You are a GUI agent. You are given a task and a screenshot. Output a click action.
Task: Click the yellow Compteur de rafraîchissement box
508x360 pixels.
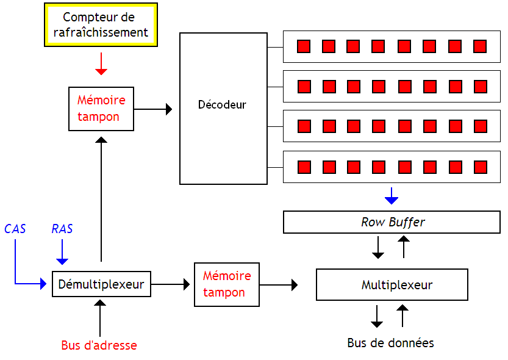(101, 25)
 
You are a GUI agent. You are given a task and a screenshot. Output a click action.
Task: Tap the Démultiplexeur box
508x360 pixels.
(101, 284)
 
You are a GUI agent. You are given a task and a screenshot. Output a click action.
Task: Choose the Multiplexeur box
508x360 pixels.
(392, 285)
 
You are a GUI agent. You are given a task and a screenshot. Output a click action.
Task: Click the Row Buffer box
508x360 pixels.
(392, 222)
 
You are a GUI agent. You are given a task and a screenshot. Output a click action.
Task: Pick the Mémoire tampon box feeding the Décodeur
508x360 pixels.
(101, 109)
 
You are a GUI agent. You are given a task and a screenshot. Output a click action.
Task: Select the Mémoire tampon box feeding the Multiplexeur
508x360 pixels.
(226, 284)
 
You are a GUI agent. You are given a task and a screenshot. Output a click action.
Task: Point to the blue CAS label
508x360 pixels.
(15, 229)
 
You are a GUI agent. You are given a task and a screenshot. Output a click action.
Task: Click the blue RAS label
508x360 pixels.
(62, 229)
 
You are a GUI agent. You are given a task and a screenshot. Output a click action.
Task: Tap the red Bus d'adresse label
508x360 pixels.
(99, 345)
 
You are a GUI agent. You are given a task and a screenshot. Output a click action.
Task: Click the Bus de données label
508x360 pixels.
(390, 343)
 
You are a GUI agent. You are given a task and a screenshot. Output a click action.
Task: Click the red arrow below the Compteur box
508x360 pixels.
(101, 64)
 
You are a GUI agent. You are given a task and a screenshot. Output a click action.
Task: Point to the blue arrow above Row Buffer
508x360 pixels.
(392, 196)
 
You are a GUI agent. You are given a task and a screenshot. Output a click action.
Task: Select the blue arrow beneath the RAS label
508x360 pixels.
(62, 252)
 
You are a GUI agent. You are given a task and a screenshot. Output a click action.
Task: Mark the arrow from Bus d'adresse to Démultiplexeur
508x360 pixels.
(101, 314)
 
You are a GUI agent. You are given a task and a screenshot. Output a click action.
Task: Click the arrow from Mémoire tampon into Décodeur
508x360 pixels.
(153, 109)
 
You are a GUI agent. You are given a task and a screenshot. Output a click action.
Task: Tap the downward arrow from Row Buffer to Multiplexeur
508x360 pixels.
(378, 247)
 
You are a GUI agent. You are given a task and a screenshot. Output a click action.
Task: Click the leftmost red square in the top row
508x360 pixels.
(304, 46)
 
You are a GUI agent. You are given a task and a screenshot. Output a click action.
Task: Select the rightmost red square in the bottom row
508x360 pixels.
(480, 167)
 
